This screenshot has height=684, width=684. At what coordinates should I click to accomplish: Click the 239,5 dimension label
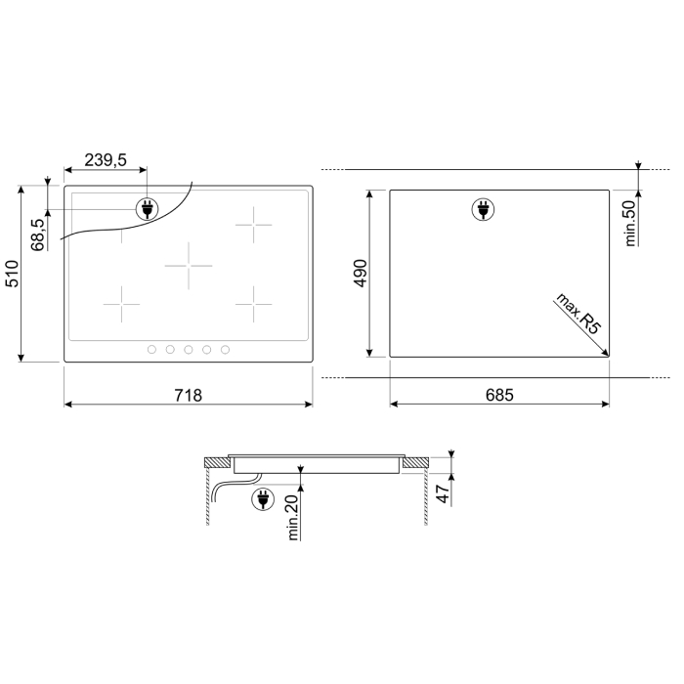[x=106, y=160]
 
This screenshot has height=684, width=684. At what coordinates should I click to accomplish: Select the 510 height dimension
[x=12, y=274]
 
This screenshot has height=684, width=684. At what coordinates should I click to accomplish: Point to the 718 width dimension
[x=189, y=395]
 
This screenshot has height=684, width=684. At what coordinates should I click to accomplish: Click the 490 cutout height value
[x=362, y=273]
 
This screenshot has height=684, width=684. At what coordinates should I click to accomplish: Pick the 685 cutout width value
[x=499, y=395]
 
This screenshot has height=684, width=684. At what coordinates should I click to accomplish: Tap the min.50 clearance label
[x=631, y=224]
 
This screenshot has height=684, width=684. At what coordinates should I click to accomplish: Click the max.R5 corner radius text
[x=578, y=314]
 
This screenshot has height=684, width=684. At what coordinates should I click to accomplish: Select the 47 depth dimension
[x=444, y=493]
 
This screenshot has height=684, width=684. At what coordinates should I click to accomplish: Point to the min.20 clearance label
[x=293, y=517]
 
